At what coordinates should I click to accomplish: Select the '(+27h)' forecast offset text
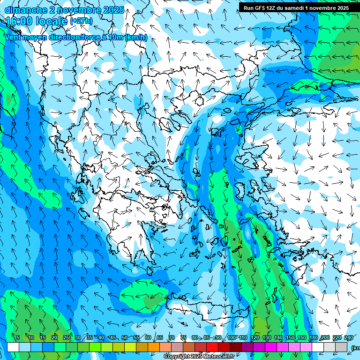(x=81, y=21)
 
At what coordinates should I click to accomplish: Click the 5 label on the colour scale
(x=17, y=337)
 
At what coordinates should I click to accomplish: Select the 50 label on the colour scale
(x=124, y=337)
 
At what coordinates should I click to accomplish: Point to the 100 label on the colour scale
(x=231, y=337)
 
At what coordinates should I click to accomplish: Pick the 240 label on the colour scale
(x=348, y=337)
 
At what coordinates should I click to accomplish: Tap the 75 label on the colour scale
(x=183, y=337)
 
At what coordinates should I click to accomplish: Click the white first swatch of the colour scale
(x=13, y=347)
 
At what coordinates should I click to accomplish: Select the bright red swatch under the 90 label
(x=212, y=347)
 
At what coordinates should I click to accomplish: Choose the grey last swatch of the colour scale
(x=341, y=347)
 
